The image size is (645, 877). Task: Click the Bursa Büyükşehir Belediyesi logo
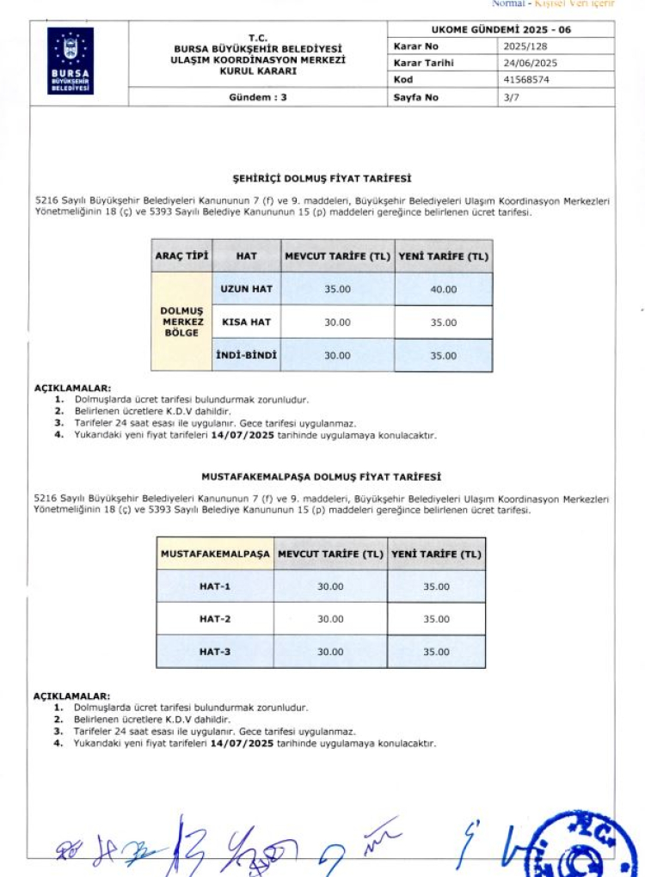[x=71, y=60]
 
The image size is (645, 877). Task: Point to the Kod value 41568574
[x=526, y=79]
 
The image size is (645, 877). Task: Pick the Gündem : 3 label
[x=258, y=97]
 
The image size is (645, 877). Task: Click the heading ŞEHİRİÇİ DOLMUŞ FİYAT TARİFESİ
[x=322, y=179]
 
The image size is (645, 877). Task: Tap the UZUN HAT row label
[x=246, y=289]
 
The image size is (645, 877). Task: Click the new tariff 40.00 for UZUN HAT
[x=444, y=289]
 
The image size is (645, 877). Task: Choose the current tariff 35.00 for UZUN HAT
[x=337, y=289]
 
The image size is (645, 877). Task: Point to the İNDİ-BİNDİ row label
[x=246, y=355]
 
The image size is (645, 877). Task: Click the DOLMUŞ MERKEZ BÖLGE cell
[x=181, y=322]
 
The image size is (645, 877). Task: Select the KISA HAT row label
[x=246, y=322]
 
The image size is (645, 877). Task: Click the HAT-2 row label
[x=215, y=619]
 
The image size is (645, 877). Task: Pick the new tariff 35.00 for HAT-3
[x=436, y=652]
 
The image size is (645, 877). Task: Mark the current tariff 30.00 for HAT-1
[x=330, y=586]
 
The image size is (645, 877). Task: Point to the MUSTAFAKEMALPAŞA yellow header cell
[x=215, y=554]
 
